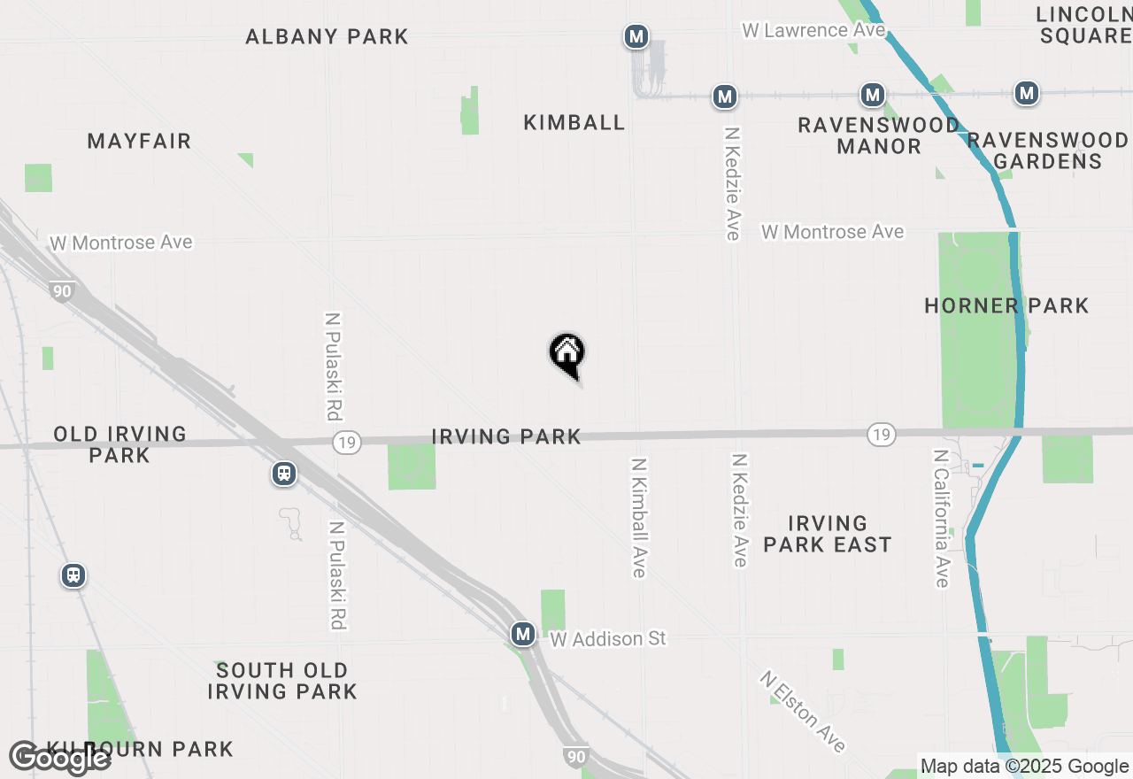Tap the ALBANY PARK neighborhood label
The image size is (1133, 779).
[x=327, y=36]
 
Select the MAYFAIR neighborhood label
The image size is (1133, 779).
[x=139, y=141]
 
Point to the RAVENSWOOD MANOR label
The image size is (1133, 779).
[x=878, y=135]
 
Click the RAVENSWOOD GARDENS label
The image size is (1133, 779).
[x=1048, y=150]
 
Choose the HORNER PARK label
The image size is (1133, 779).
[x=1006, y=306]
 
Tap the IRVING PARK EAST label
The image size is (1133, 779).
[x=827, y=534]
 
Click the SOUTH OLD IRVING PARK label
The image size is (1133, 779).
[x=282, y=681]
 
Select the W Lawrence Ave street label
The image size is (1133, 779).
[x=813, y=30]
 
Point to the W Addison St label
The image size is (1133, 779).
[x=607, y=638]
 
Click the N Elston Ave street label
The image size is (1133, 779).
[x=802, y=711]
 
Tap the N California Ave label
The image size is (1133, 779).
[x=941, y=518]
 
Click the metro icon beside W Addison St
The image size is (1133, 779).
[x=523, y=634]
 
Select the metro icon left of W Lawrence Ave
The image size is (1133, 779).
[x=636, y=36]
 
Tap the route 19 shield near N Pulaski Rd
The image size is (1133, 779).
[x=348, y=442]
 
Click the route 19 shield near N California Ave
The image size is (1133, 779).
[x=881, y=434]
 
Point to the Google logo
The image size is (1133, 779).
[x=59, y=759]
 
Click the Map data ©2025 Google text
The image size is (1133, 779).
[x=1024, y=767]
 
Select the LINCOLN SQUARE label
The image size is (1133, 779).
[x=1083, y=25]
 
